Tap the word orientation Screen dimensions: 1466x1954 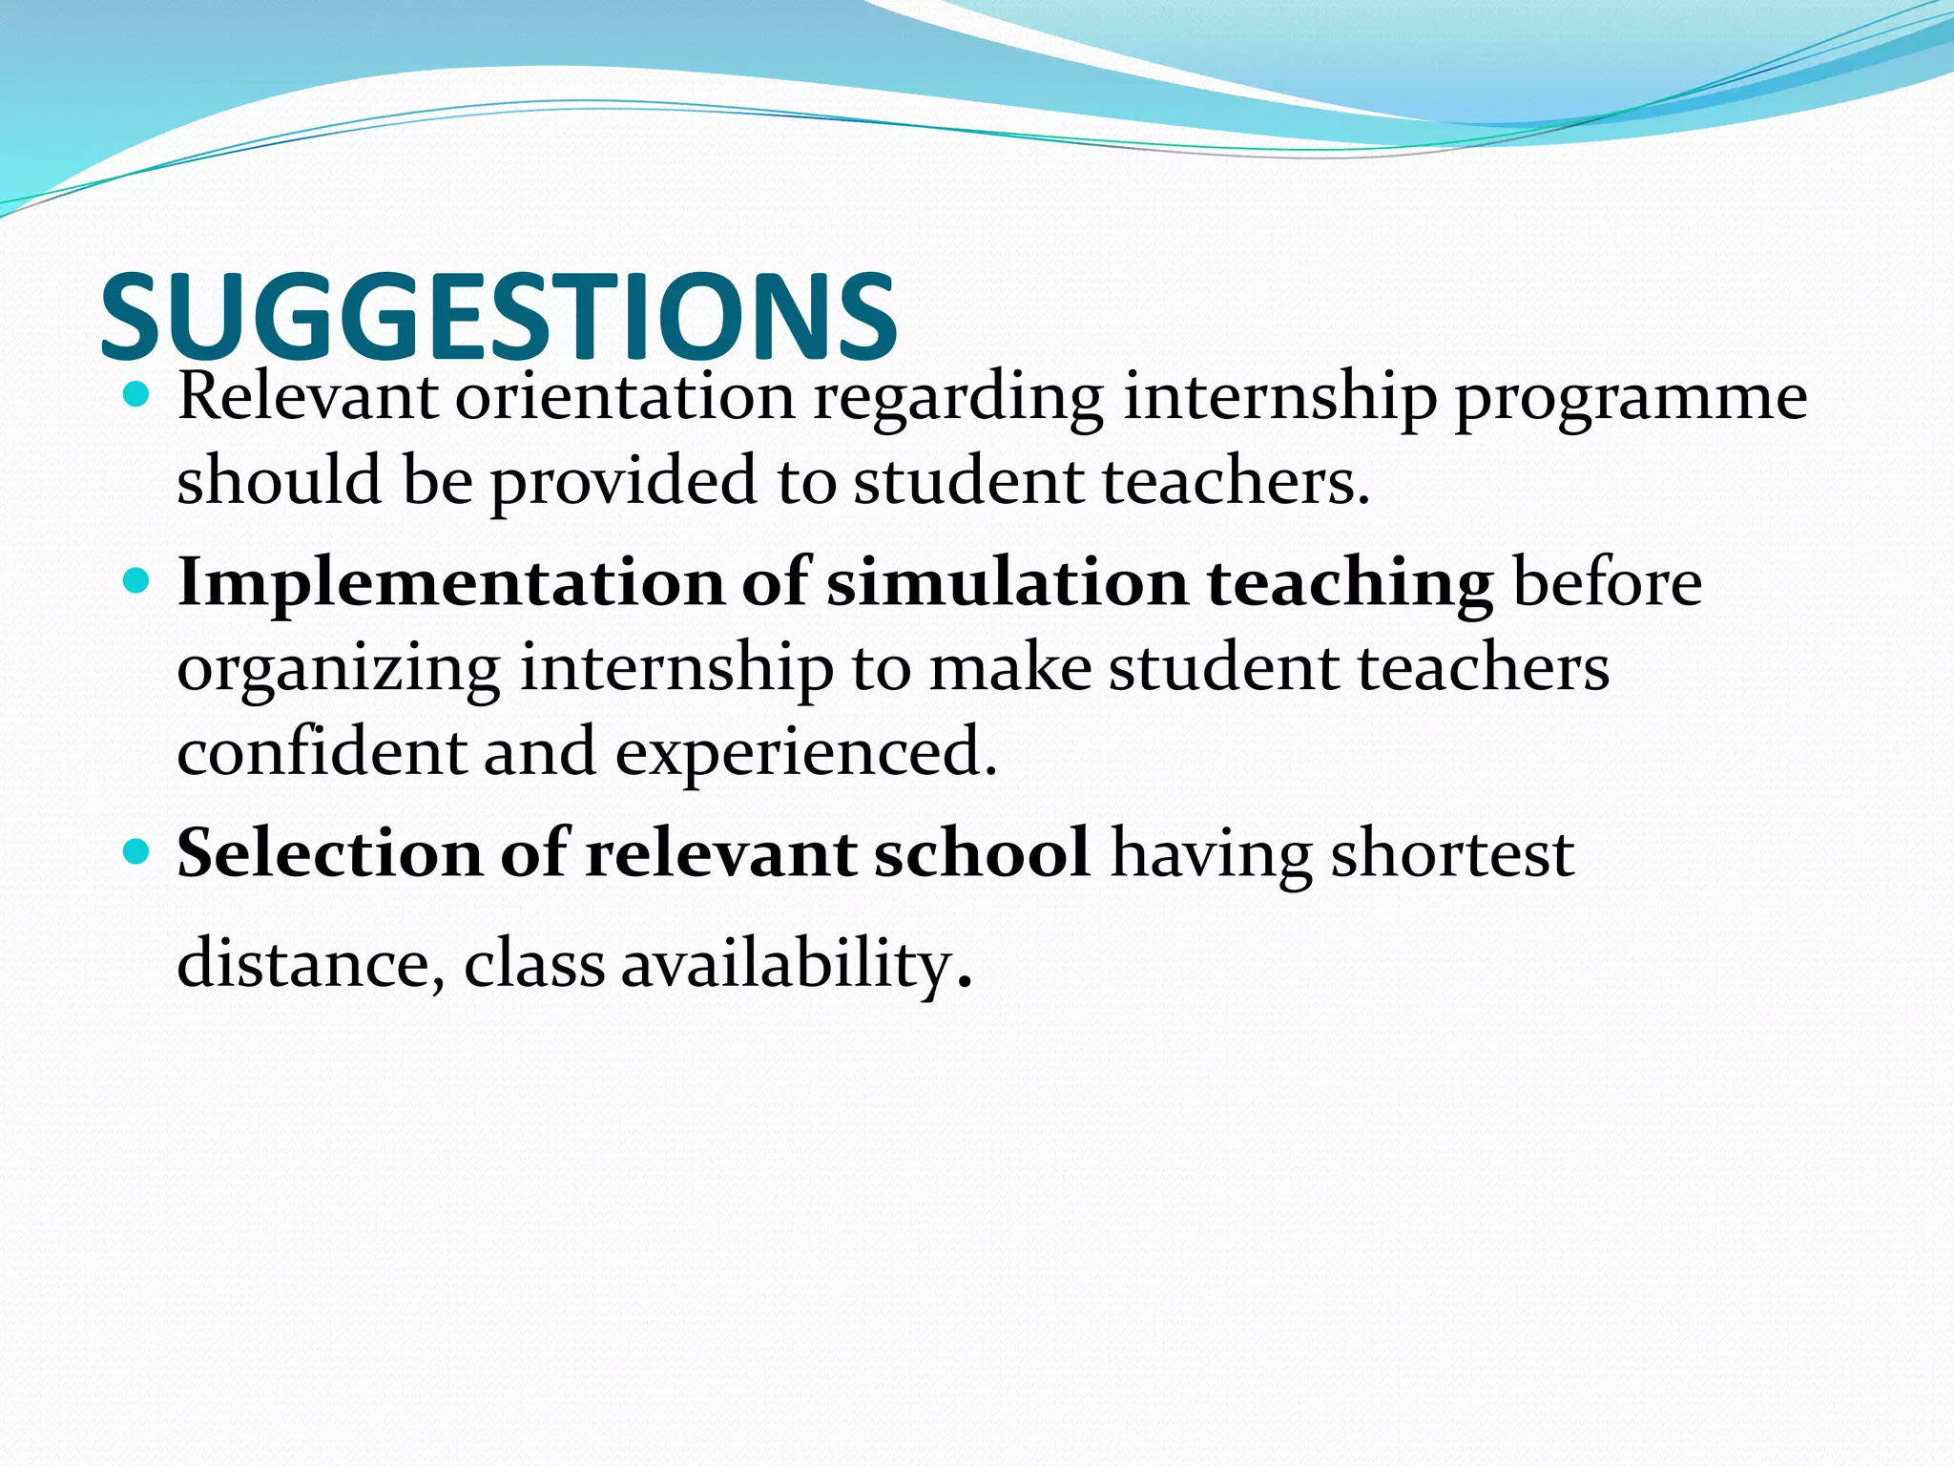(x=625, y=396)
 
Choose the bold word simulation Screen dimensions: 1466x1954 (x=1007, y=582)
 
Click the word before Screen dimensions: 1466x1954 (x=1608, y=582)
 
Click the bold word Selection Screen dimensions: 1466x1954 (x=329, y=852)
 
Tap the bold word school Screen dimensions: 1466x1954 (x=982, y=852)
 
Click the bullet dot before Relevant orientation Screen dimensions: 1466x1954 (x=137, y=395)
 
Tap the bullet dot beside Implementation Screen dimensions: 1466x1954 (x=137, y=580)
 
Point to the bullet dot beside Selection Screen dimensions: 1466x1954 (x=137, y=851)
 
